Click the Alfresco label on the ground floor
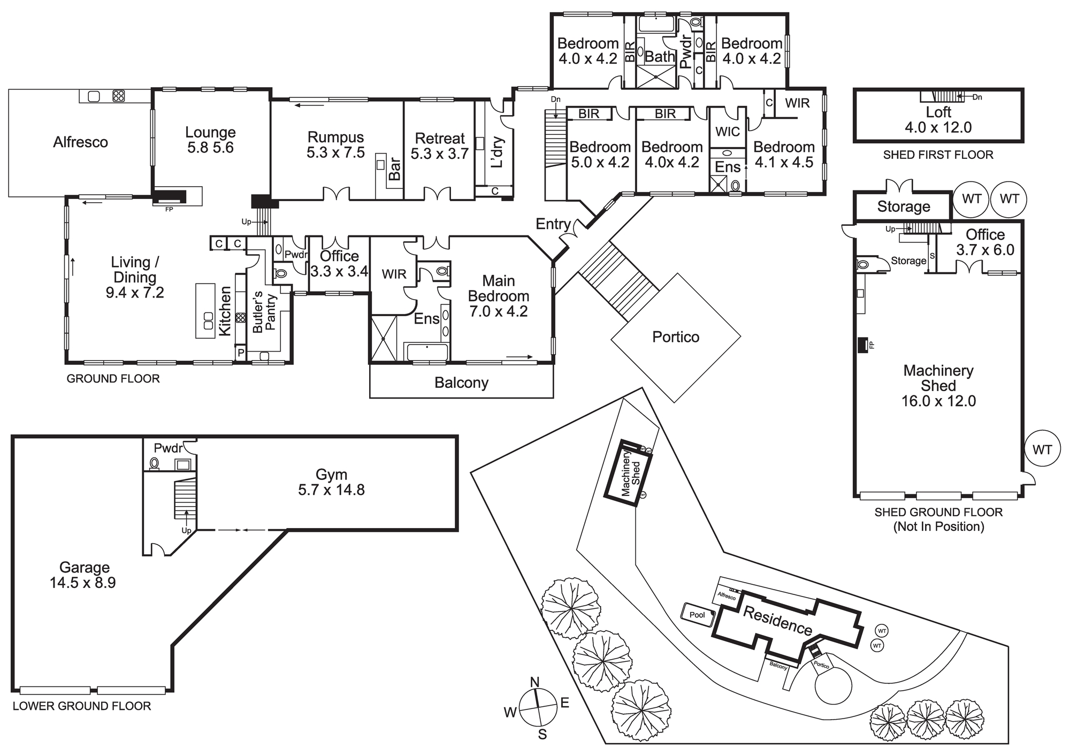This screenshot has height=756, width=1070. (x=80, y=142)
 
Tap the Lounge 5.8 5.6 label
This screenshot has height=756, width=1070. (x=210, y=140)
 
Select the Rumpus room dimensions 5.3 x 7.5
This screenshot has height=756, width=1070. (x=335, y=153)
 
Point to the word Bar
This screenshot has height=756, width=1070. (x=394, y=169)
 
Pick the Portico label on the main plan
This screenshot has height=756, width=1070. (x=676, y=337)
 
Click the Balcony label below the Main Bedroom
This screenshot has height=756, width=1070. (x=461, y=383)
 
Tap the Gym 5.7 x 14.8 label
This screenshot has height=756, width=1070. (x=331, y=482)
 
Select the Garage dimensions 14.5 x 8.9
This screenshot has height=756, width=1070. (x=83, y=583)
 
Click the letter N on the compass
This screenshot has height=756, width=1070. (x=534, y=682)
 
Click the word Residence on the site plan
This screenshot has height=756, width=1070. (x=777, y=621)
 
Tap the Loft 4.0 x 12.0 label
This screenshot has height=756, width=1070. (x=938, y=120)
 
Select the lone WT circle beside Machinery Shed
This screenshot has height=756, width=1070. (x=1042, y=450)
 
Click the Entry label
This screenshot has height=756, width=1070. (x=553, y=224)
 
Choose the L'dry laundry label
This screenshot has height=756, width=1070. (x=496, y=152)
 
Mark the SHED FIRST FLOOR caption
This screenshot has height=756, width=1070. (x=938, y=155)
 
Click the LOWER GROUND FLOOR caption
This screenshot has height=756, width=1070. (x=82, y=706)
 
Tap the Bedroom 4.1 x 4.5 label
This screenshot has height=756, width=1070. (x=784, y=155)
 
